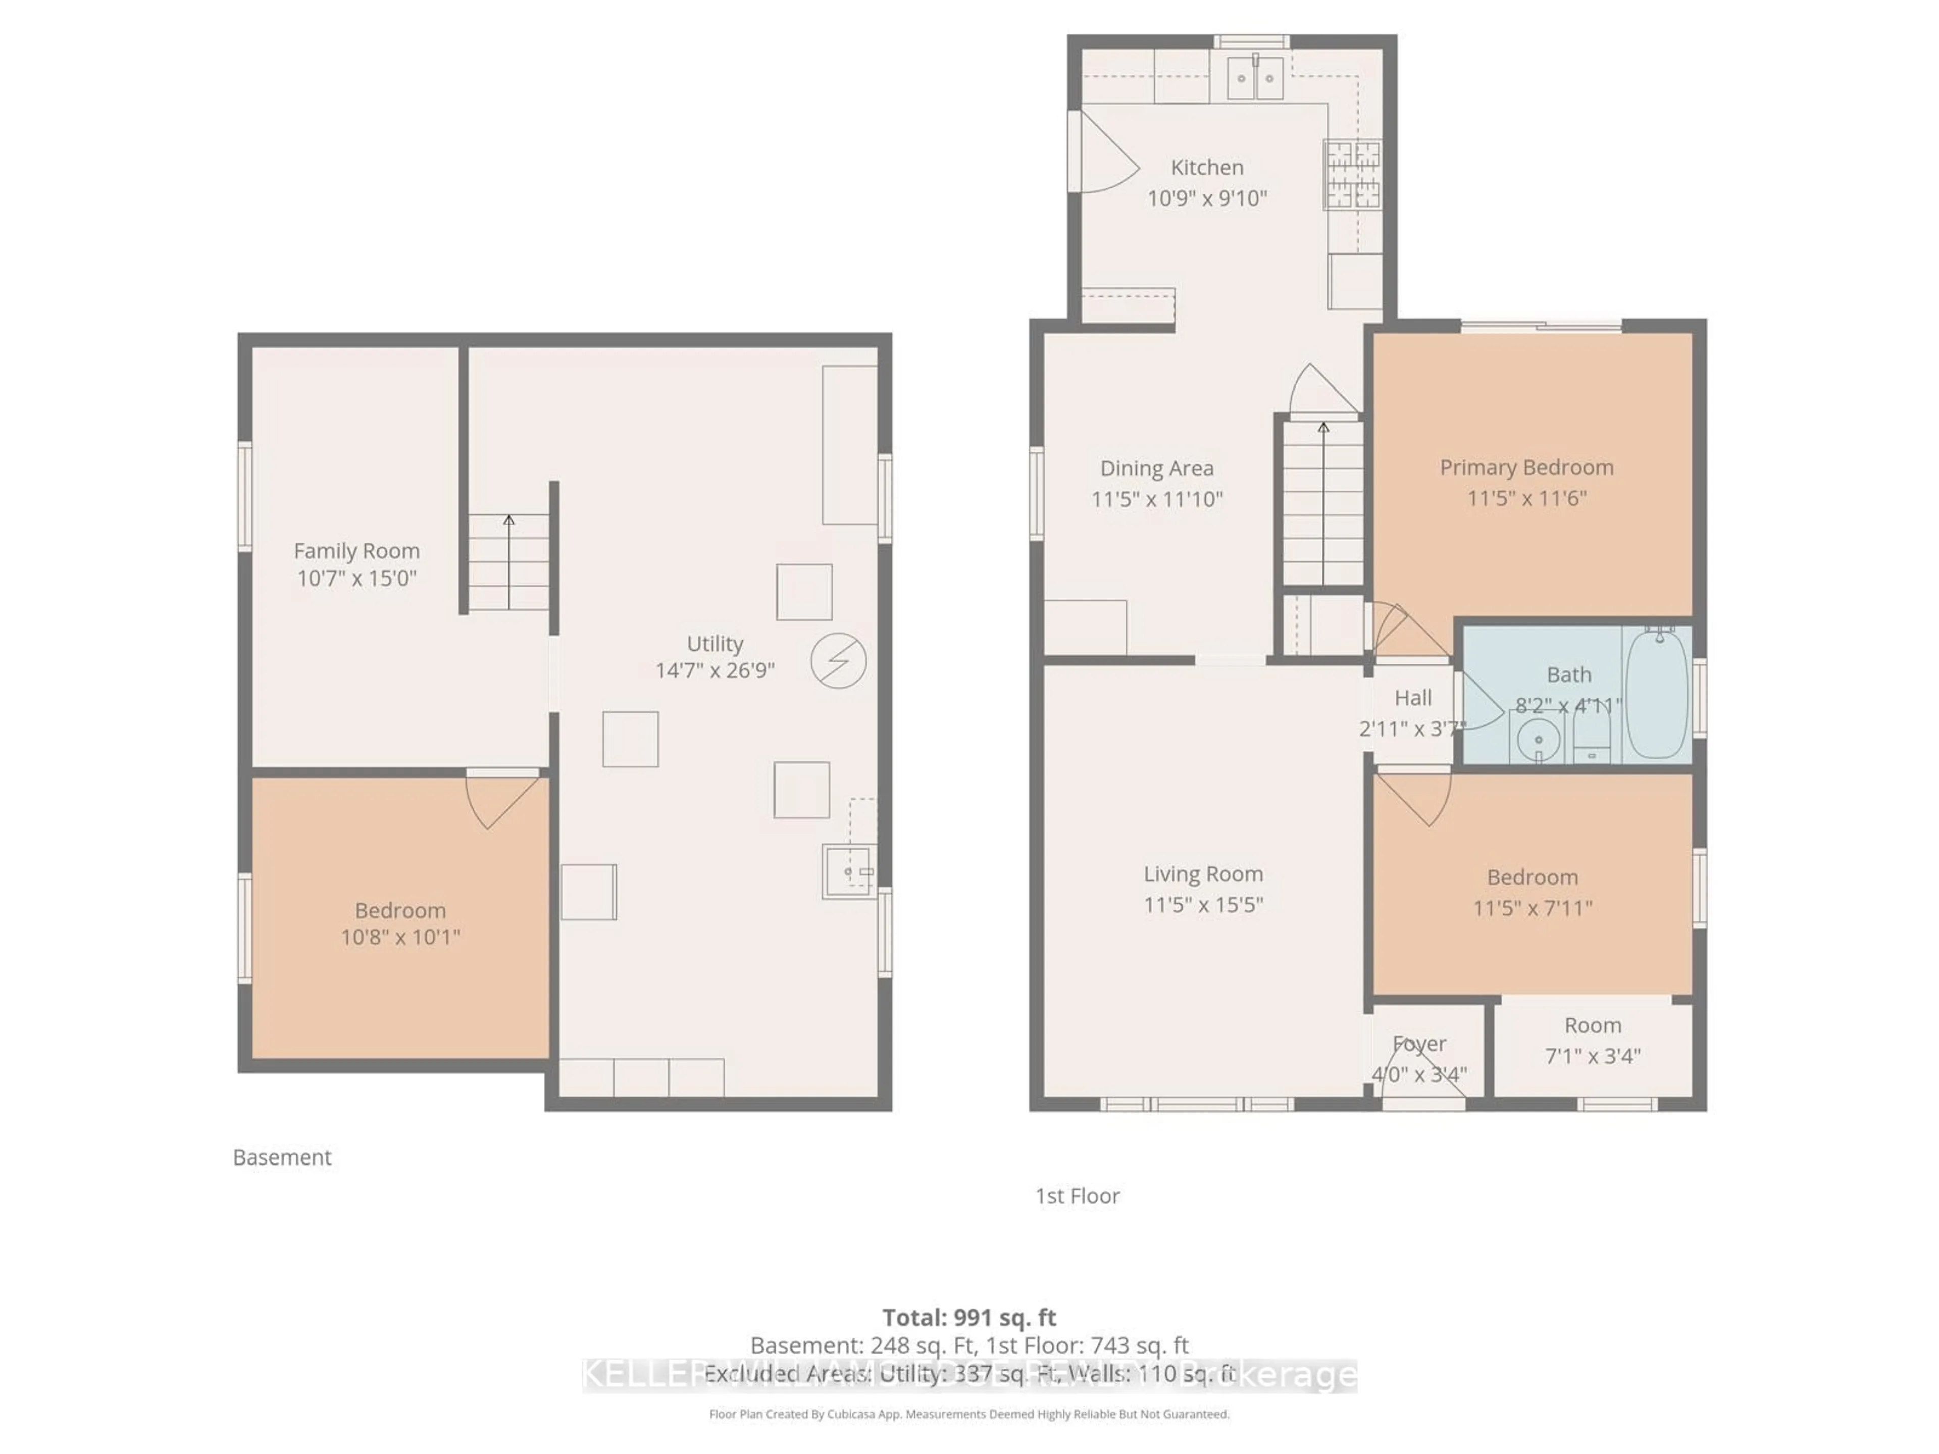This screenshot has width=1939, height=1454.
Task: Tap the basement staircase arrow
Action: coord(508,561)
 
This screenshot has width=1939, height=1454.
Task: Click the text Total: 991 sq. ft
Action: coord(968,1317)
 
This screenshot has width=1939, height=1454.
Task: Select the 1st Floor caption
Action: coord(1078,1196)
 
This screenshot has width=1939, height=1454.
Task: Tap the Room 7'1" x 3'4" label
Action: coord(1592,1040)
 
